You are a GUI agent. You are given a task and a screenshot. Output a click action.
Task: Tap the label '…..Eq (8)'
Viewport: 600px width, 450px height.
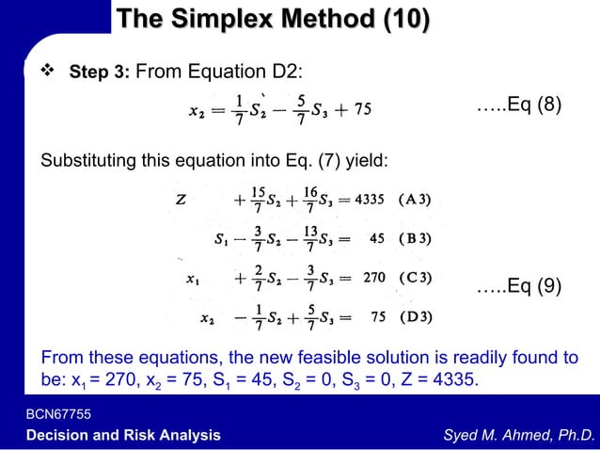pos(520,104)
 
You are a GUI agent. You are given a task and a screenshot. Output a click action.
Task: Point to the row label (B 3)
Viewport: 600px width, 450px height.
pos(415,238)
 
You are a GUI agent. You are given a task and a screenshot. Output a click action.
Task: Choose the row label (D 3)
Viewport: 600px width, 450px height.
pos(415,317)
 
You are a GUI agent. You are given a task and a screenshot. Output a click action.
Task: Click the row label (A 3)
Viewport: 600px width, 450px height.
pos(415,200)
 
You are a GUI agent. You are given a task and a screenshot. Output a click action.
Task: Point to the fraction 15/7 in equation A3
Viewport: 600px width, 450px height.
pos(257,200)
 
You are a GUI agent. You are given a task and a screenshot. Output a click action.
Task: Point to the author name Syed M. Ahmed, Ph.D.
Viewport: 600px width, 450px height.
pos(519,435)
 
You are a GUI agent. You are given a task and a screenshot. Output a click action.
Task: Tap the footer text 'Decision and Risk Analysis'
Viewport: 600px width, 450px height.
pos(123,435)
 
